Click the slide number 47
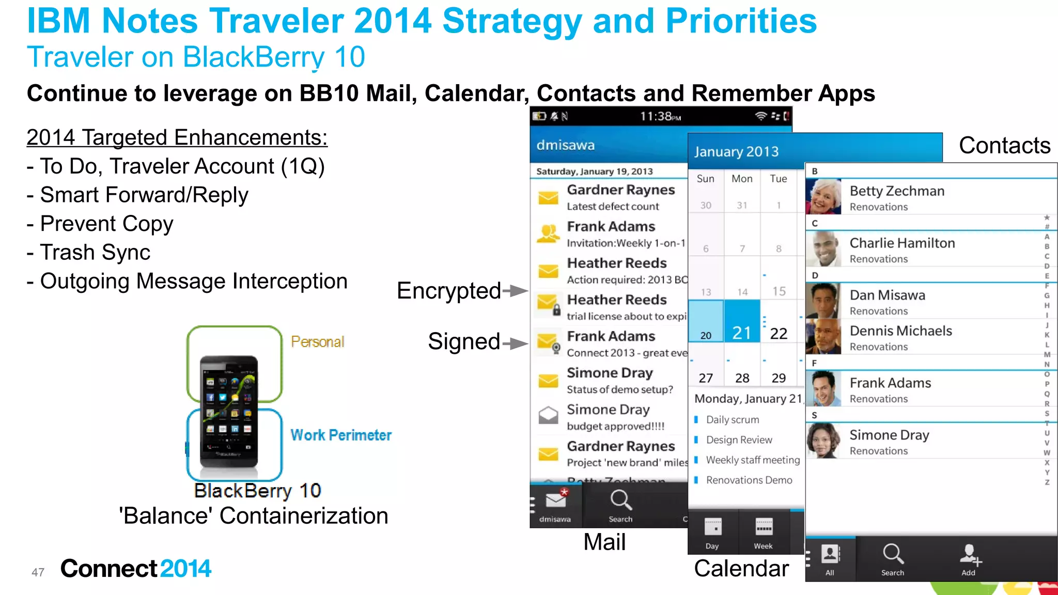pyautogui.click(x=38, y=572)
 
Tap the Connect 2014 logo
pyautogui.click(x=135, y=569)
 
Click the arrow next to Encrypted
pyautogui.click(x=516, y=291)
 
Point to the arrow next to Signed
pyautogui.click(x=516, y=343)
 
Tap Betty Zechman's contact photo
pyautogui.click(x=823, y=197)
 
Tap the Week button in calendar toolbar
pyautogui.click(x=763, y=533)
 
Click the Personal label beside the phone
pyautogui.click(x=317, y=342)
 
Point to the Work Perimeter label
pyautogui.click(x=341, y=435)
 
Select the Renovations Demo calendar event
pyautogui.click(x=749, y=480)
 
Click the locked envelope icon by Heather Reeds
pyautogui.click(x=549, y=304)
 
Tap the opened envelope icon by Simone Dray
pyautogui.click(x=548, y=414)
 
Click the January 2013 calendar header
pyautogui.click(x=736, y=152)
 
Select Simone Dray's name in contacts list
pyautogui.click(x=889, y=435)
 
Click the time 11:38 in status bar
pyautogui.click(x=660, y=117)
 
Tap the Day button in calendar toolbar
pyautogui.click(x=712, y=533)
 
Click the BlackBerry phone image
pyautogui.click(x=229, y=411)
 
